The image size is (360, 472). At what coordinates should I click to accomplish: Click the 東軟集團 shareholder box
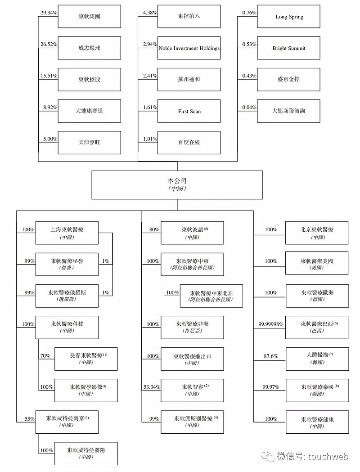(x=89, y=17)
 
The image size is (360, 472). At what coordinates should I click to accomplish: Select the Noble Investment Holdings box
(x=189, y=48)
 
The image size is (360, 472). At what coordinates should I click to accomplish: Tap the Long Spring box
(x=289, y=17)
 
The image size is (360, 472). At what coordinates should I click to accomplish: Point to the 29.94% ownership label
(x=48, y=13)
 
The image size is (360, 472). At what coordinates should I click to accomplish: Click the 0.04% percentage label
(x=248, y=107)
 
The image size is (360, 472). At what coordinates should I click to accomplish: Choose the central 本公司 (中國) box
(x=177, y=184)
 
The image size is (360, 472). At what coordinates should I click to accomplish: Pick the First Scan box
(x=189, y=111)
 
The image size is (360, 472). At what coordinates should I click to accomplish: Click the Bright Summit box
(x=289, y=48)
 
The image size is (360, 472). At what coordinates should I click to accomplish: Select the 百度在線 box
(x=189, y=143)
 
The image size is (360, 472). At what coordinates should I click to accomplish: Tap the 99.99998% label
(x=271, y=324)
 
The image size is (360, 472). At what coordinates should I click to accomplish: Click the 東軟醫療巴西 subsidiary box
(x=317, y=327)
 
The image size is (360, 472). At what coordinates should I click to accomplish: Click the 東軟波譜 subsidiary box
(x=192, y=233)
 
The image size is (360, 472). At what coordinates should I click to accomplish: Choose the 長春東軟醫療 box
(x=85, y=359)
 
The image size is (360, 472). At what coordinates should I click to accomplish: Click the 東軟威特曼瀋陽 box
(x=85, y=453)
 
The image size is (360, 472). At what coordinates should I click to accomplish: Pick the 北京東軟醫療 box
(x=317, y=233)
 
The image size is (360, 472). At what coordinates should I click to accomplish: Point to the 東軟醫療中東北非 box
(x=211, y=296)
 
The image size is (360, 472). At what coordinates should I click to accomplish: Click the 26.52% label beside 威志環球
(x=48, y=44)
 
